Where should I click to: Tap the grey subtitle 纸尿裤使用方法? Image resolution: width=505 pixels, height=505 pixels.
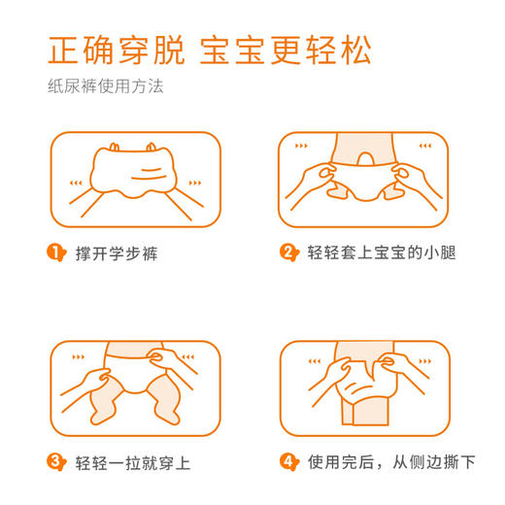(106, 85)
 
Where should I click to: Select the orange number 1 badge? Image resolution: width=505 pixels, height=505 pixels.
(55, 253)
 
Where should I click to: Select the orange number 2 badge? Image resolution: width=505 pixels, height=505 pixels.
(287, 253)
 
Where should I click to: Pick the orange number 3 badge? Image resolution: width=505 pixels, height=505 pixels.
(55, 461)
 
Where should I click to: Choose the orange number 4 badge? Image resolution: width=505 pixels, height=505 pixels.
(287, 461)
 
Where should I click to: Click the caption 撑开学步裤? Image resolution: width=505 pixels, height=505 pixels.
(117, 253)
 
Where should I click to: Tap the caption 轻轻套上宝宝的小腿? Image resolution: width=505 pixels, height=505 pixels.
(382, 253)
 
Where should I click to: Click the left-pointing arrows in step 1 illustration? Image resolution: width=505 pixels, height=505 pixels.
(76, 182)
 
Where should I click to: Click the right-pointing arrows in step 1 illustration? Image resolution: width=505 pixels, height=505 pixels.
(195, 182)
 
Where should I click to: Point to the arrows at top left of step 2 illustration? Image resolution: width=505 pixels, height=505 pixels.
(300, 147)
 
